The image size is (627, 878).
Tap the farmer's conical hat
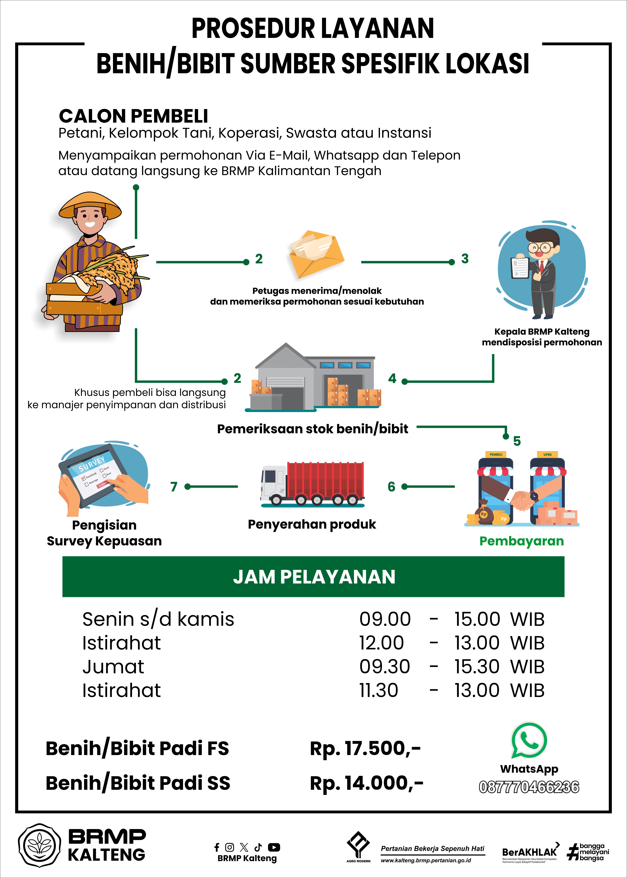pos(90,205)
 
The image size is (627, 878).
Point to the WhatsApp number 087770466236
pos(529,787)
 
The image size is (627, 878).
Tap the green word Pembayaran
pos(521,541)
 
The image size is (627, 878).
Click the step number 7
pos(174,487)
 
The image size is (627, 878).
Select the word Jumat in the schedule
pos(113,667)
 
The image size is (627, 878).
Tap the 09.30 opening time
pos(384,667)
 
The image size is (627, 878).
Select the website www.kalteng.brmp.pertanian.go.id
pos(426,860)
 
